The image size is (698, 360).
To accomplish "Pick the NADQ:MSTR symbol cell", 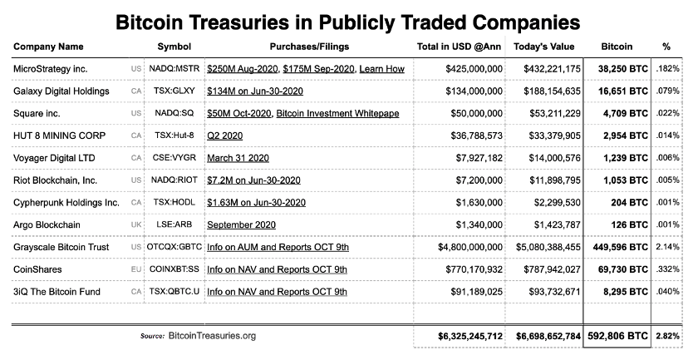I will pyautogui.click(x=173, y=67).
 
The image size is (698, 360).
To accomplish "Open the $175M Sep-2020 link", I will pyautogui.click(x=318, y=67).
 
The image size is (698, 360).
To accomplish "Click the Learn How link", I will pyautogui.click(x=381, y=67).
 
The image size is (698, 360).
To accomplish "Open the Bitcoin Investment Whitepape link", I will pyautogui.click(x=337, y=112).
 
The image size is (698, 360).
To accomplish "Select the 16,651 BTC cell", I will pyautogui.click(x=621, y=90).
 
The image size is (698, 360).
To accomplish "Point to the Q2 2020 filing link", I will pyautogui.click(x=225, y=135).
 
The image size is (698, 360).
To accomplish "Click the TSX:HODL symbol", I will pyautogui.click(x=173, y=202).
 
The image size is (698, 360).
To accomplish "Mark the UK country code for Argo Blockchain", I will pyautogui.click(x=136, y=224).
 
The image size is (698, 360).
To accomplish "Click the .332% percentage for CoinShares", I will pyautogui.click(x=667, y=269).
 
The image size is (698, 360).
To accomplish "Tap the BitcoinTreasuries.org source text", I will pyautogui.click(x=212, y=335).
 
